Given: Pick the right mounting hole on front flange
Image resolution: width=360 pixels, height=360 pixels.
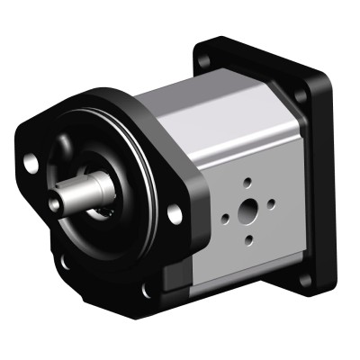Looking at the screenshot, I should click(174, 213).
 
